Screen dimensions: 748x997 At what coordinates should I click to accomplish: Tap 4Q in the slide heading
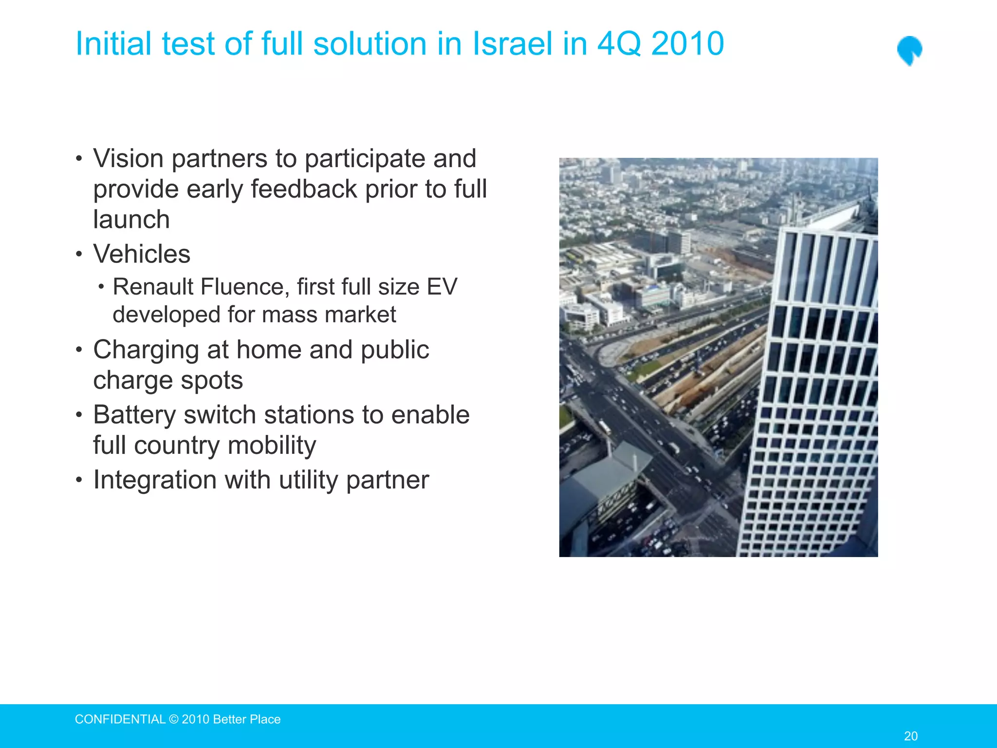click(619, 44)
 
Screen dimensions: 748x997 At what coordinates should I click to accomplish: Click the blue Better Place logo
click(909, 50)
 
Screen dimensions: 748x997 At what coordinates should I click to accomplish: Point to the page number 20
click(910, 736)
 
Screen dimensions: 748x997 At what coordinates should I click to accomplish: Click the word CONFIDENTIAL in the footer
click(120, 719)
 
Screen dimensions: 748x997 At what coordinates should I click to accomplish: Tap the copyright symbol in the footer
click(174, 719)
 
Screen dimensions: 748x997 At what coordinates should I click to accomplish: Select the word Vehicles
click(142, 254)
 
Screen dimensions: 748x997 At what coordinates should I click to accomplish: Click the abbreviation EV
click(441, 286)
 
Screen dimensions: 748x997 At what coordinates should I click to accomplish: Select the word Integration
click(154, 480)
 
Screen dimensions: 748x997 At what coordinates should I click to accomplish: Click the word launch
click(131, 220)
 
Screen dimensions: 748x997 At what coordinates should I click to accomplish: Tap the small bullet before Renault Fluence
click(101, 287)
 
